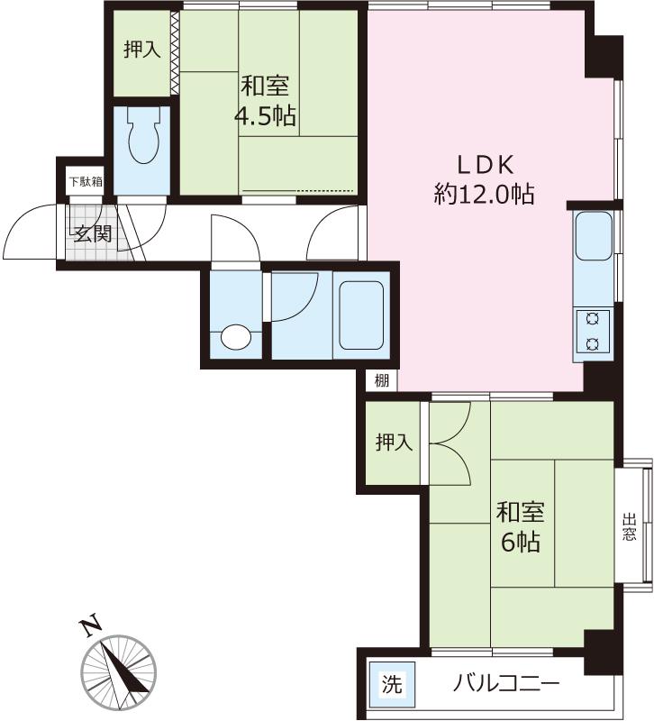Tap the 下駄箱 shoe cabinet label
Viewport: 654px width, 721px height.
tap(86, 182)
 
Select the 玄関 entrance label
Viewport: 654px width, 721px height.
tap(94, 233)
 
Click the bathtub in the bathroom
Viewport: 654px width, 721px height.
tap(361, 315)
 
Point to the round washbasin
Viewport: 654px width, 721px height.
tap(236, 338)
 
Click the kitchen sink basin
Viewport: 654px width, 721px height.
tap(594, 236)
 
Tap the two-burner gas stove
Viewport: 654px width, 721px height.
tap(594, 331)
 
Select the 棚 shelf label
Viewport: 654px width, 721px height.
tap(381, 380)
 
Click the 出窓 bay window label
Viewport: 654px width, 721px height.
tap(630, 527)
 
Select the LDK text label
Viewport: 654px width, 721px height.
tap(485, 165)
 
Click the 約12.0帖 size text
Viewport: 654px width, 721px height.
tap(485, 194)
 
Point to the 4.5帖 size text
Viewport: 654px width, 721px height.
tap(265, 115)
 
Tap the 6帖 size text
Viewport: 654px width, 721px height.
tap(521, 542)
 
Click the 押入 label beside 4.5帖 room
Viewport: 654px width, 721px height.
tap(142, 49)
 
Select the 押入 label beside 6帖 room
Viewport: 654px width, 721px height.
tap(395, 442)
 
